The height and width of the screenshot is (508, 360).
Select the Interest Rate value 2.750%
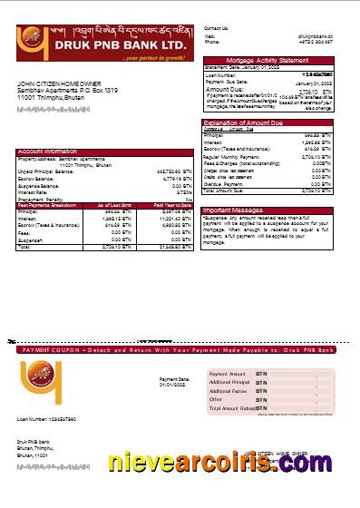(183, 191)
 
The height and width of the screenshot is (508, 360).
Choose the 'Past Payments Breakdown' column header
(51, 205)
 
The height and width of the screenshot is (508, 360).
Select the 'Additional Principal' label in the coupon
(228, 383)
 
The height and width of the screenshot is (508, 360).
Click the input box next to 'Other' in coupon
(303, 399)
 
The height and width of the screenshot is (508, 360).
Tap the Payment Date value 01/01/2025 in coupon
(173, 385)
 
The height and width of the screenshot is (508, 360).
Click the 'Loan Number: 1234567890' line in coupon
(46, 419)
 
